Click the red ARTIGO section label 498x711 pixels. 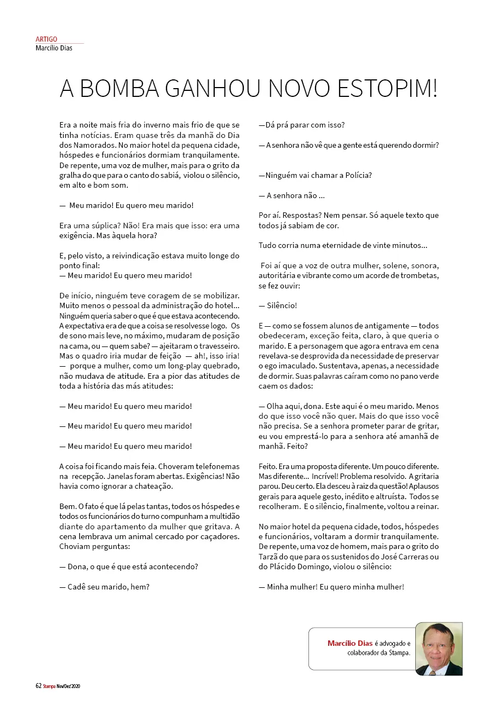(46, 39)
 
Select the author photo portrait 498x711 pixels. (439, 649)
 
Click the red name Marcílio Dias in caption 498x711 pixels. (350, 643)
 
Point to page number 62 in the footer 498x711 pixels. (38, 686)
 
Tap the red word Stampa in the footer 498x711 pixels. (50, 686)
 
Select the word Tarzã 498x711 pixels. (269, 557)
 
